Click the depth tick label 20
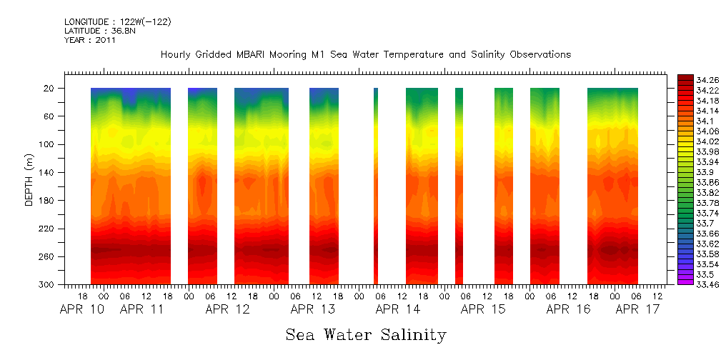[51, 89]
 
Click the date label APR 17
[637, 309]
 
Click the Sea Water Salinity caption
[366, 334]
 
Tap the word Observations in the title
[541, 54]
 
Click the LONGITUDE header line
[116, 22]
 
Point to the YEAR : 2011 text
[89, 40]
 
